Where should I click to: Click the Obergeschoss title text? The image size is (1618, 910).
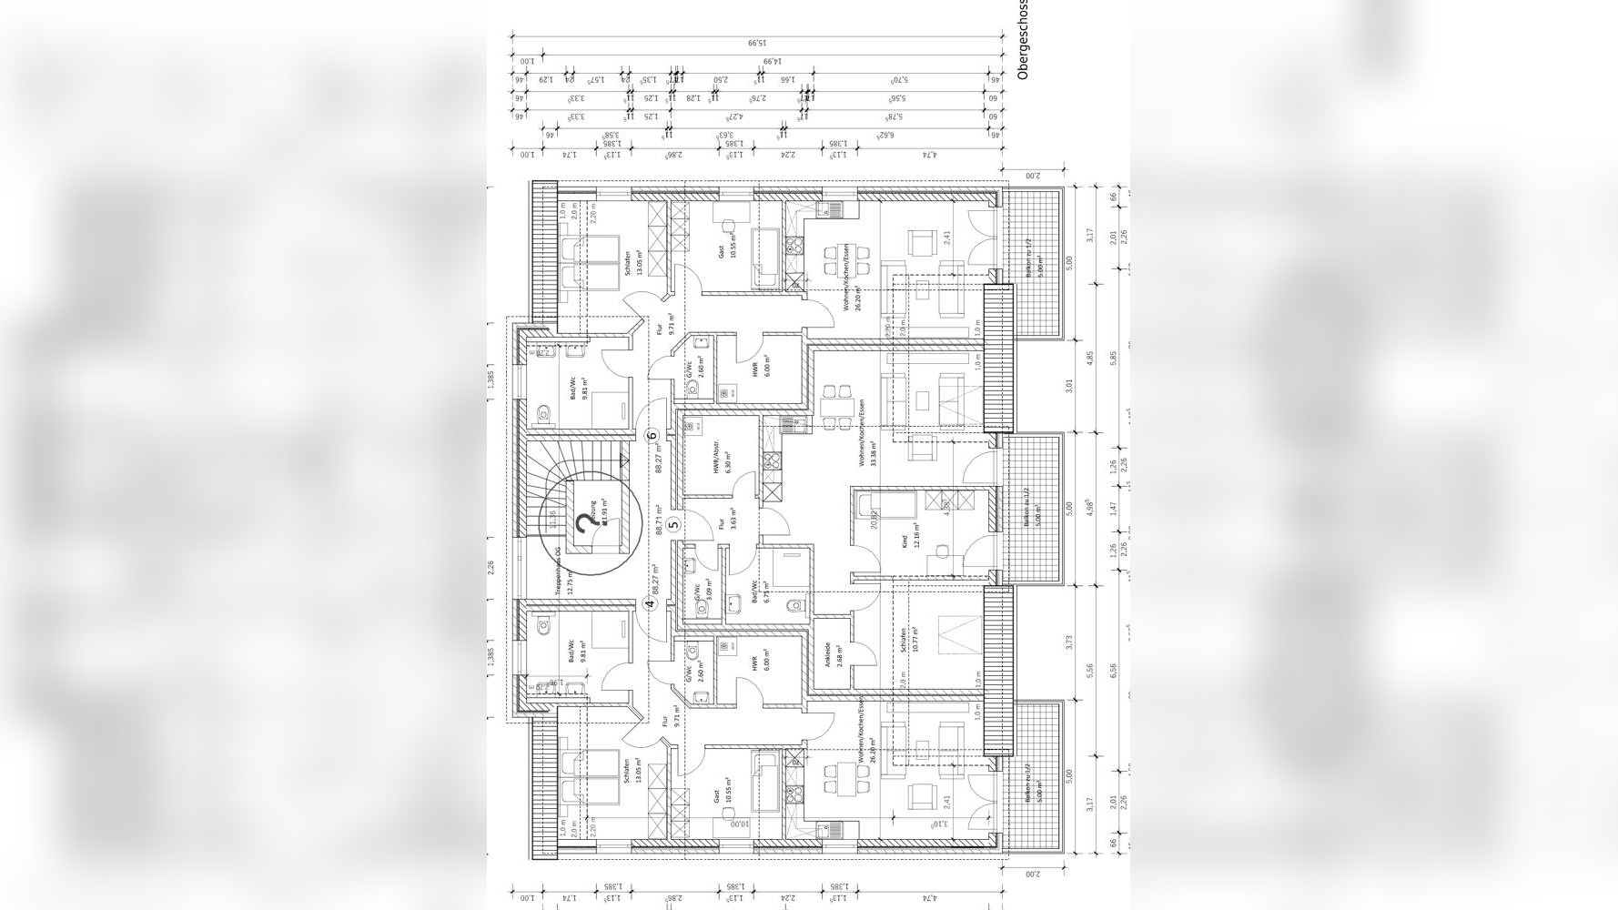pos(1022,40)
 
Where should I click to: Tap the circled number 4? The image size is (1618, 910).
pos(651,602)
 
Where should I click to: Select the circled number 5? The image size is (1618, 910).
pos(673,523)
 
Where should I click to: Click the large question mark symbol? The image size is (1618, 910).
pos(582,526)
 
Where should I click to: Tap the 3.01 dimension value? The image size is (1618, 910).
pos(1069,386)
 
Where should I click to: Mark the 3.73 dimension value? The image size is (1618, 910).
pos(1069,642)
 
